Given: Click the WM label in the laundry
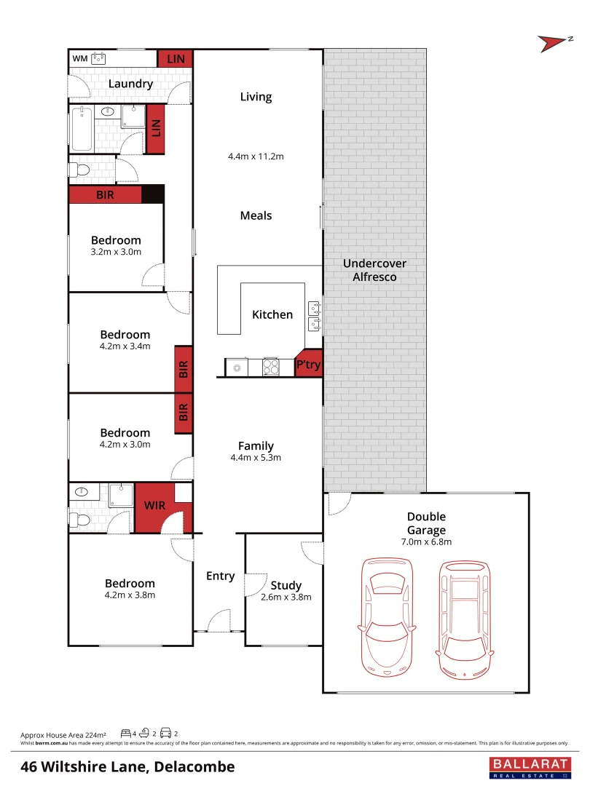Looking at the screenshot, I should pos(80,58).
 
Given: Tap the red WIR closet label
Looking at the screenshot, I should pos(154,504).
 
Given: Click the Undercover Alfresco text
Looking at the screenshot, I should pos(374,270).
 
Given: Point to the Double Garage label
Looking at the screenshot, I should pos(426,523).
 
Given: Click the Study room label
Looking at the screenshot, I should pos(286,585).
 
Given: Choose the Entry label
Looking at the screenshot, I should pos(220,576).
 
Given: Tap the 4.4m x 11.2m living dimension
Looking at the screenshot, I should pos(256,156).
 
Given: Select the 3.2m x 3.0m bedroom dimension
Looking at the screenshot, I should pos(116,252).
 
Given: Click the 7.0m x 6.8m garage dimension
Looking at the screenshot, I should pos(426,542).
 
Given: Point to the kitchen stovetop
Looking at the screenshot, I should pos(271,367).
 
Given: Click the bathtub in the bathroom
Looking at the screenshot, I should pos(82,129).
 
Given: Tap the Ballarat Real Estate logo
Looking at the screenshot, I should pos(527,766).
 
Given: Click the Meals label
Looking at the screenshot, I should pos(256,215).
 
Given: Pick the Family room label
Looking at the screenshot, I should pos(256,445).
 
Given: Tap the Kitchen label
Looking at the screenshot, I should pos(272,314).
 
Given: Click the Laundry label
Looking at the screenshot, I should pos(130,84).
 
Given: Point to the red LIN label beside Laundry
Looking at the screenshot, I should pos(176,58).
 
